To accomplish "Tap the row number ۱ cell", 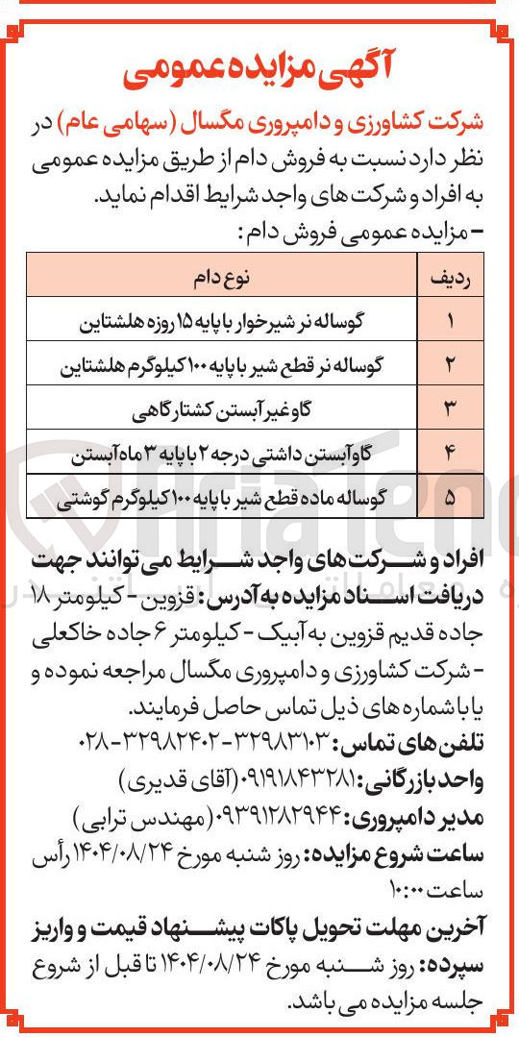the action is pyautogui.click(x=450, y=322).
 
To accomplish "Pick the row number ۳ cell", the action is pyautogui.click(x=450, y=410).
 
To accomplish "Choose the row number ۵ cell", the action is pyautogui.click(x=450, y=499).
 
